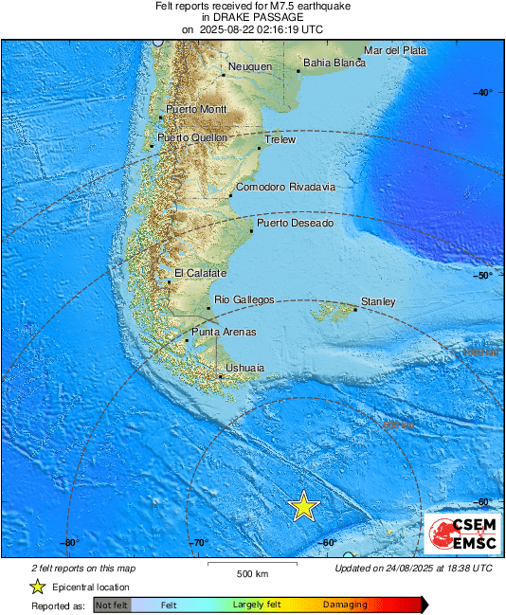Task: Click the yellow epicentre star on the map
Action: tap(303, 506)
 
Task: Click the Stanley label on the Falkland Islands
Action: tap(378, 301)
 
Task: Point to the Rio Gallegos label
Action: tap(244, 299)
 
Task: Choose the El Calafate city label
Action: tap(200, 273)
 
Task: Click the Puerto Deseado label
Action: tap(295, 223)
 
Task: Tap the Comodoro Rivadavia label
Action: tap(285, 187)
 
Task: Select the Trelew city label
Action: tap(280, 139)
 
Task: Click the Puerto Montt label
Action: tap(196, 110)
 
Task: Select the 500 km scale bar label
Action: tap(252, 574)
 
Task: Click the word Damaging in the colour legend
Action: tap(345, 605)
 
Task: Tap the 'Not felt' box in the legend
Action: tap(111, 605)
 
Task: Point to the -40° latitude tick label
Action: tap(483, 92)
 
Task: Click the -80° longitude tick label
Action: tap(68, 543)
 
